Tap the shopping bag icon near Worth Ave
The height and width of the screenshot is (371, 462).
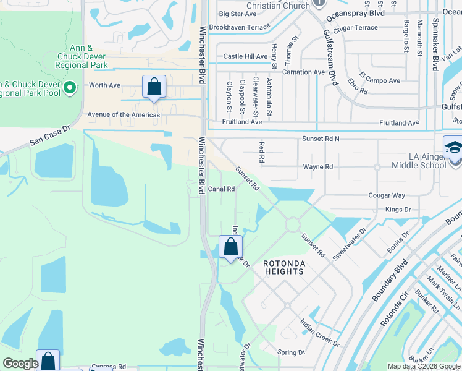[x=154, y=87]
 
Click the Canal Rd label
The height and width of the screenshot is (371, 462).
[x=221, y=189]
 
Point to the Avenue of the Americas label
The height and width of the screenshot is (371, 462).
[x=124, y=114]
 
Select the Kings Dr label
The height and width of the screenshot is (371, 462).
[x=398, y=210]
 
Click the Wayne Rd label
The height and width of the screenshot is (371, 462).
[x=317, y=167]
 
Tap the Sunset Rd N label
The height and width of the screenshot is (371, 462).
[x=321, y=139]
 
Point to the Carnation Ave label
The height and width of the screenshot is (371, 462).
[x=303, y=72]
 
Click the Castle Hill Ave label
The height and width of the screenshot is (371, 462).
[x=245, y=56]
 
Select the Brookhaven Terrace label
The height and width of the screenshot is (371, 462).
[x=239, y=27]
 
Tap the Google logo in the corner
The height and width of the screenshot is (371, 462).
[x=20, y=364]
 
